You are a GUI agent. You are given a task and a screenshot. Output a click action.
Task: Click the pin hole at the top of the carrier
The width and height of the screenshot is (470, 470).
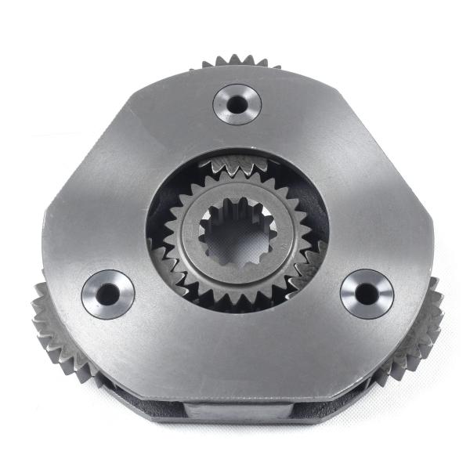(236, 102)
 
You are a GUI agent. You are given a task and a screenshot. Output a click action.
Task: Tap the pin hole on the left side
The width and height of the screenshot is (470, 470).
(107, 294)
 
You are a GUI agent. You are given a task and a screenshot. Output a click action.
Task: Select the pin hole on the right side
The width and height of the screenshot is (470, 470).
(367, 293)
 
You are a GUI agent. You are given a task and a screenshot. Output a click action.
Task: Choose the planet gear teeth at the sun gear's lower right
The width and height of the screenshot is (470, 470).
(305, 270)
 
